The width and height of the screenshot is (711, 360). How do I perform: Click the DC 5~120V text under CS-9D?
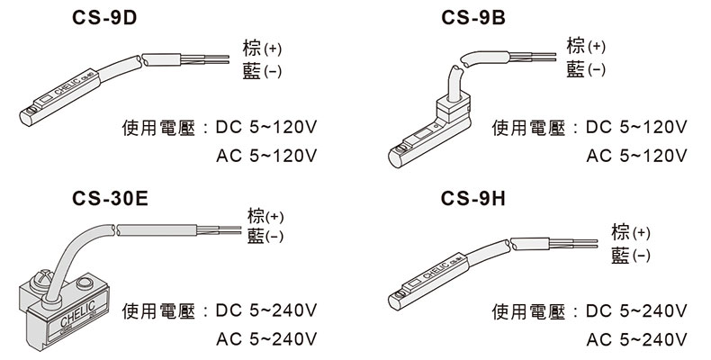pyautogui.click(x=267, y=127)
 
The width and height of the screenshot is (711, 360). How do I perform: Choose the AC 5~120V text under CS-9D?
pyautogui.click(x=267, y=156)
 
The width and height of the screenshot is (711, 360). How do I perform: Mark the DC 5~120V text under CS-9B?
pyautogui.click(x=636, y=127)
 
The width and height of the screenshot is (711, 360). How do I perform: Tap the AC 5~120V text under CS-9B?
pyautogui.click(x=636, y=156)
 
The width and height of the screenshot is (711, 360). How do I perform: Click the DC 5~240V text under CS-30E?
pyautogui.click(x=267, y=311)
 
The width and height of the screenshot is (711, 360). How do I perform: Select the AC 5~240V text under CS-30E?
pyautogui.click(x=267, y=340)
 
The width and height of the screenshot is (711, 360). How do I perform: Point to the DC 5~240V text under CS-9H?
pyautogui.click(x=636, y=311)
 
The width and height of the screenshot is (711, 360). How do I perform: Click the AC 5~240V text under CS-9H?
pyautogui.click(x=636, y=340)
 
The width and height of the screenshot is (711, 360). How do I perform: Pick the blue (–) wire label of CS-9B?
pyautogui.click(x=585, y=69)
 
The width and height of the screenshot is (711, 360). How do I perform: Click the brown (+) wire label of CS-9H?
pyautogui.click(x=630, y=232)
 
